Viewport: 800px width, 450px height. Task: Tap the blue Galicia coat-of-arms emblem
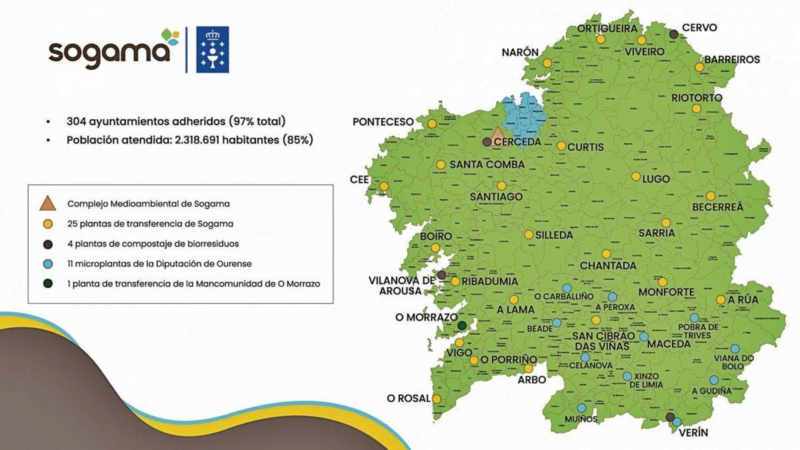point(212,49)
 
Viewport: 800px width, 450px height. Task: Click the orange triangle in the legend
point(47,203)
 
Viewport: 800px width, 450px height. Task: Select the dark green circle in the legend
point(48,283)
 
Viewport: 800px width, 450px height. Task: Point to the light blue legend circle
point(48,263)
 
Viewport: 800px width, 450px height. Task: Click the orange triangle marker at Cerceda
point(497,135)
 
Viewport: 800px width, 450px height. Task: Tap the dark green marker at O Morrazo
point(462,325)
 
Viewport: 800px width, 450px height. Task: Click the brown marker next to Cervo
point(673,34)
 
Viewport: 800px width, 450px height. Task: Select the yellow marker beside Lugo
point(635,176)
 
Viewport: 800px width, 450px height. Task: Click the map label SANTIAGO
point(496,197)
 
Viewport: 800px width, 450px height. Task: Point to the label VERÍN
point(693,432)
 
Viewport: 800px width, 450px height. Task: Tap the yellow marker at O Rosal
point(436,399)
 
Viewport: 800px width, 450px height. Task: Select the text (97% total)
point(257,121)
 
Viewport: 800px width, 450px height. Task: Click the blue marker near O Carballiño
point(566,288)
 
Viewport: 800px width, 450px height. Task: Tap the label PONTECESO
point(383,122)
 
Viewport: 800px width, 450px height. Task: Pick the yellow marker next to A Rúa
point(720,299)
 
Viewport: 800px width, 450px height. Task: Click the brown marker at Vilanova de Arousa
point(441,274)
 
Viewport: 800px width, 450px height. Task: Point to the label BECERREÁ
point(717,207)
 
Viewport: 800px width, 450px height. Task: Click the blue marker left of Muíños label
point(581,408)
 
